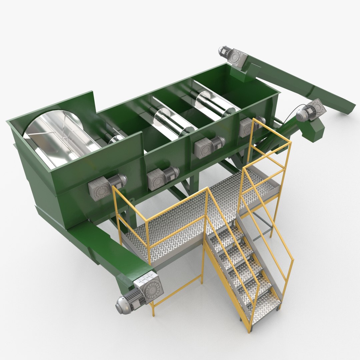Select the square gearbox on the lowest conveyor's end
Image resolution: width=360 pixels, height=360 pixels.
pos(149,287)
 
